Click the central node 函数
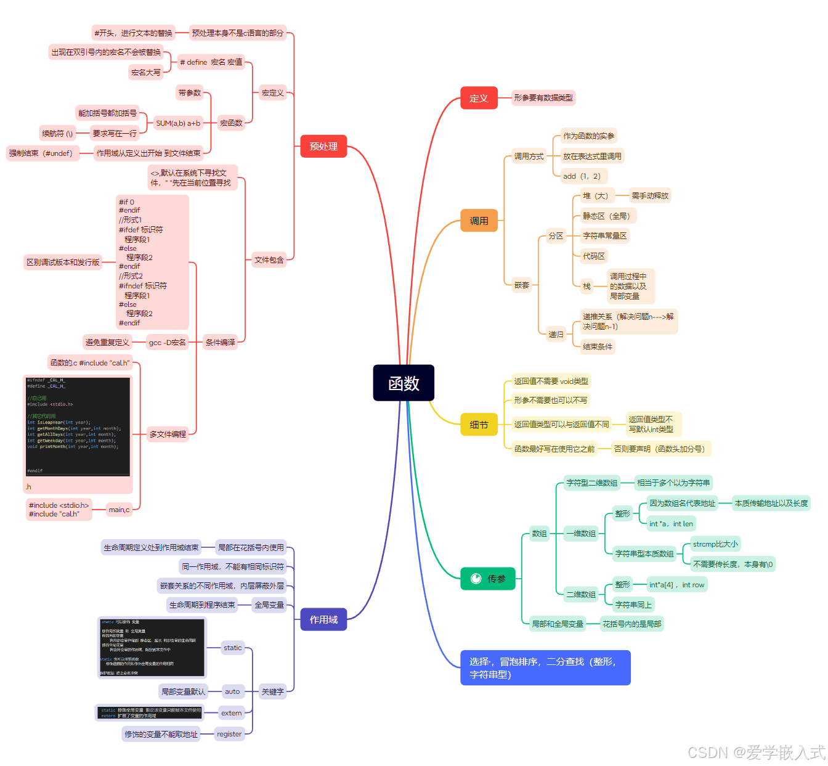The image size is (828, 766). tap(404, 383)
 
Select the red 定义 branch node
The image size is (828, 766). tap(479, 98)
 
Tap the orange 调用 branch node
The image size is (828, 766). tap(479, 221)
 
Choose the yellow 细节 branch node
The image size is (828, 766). tap(479, 425)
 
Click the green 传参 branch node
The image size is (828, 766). tap(487, 579)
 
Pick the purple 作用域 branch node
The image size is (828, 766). tap(323, 619)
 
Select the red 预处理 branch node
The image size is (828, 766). tap(323, 146)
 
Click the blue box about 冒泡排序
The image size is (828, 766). tap(545, 667)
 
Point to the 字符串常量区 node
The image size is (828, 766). tap(604, 235)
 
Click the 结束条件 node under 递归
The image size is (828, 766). tap(598, 346)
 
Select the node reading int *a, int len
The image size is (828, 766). tap(671, 524)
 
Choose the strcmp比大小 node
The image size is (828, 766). tap(715, 544)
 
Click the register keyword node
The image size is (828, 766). tap(229, 734)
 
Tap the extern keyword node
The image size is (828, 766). tap(232, 713)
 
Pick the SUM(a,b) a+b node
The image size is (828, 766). tap(178, 123)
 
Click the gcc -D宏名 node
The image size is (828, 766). tap(168, 343)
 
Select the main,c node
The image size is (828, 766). tap(119, 510)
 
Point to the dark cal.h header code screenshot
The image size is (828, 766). tap(78, 426)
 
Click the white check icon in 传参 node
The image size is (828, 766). tap(476, 579)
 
